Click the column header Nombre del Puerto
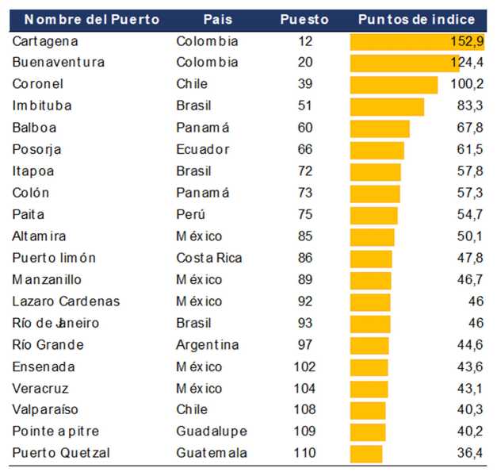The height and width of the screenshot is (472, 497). pos(86,19)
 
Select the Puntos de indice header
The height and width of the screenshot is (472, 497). pos(417,19)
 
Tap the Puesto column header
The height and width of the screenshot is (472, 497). pos(304,19)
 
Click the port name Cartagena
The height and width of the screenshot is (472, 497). pos(45,41)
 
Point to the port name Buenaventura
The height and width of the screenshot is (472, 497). pos(59,62)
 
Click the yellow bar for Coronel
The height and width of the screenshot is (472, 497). pos(394,84)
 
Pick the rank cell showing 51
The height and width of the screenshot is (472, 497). pos(304,106)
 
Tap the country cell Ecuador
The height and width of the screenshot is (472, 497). pos(203,149)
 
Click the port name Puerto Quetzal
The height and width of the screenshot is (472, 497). pos(61,453)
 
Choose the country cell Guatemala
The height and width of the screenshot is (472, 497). pos(212,453)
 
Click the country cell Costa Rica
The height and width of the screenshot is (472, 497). pos(209,258)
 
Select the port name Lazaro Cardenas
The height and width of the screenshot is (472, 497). pos(67,301)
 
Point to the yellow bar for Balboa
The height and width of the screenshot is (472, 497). pos(380,128)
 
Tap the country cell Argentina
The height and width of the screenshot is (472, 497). pos(208,344)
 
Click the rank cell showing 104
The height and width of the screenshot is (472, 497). pos(304,388)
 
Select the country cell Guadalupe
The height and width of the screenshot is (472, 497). pos(211,432)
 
